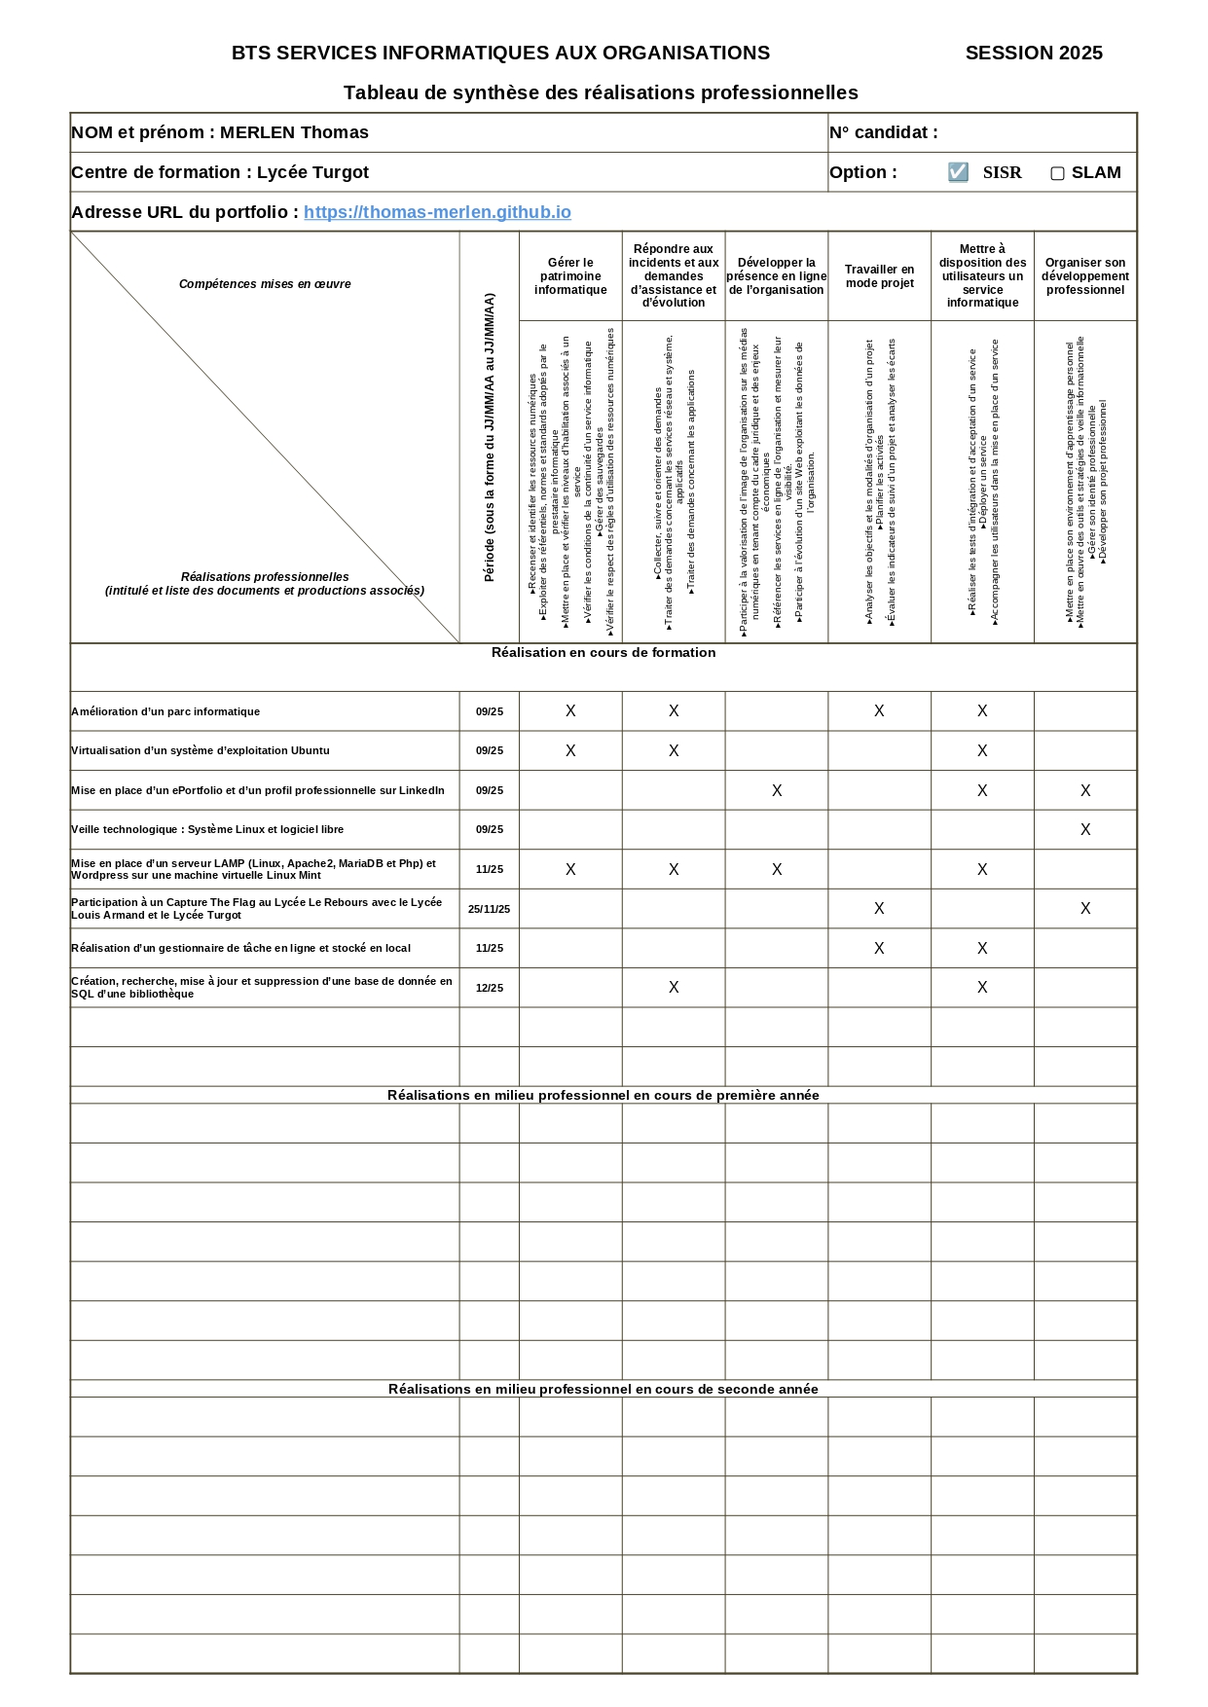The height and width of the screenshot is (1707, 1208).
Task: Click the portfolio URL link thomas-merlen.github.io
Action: point(437,212)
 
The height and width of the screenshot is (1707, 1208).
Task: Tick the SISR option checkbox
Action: point(958,172)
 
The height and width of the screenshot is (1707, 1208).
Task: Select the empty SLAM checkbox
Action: point(1057,173)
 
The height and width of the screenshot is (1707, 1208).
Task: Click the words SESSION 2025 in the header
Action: point(1034,54)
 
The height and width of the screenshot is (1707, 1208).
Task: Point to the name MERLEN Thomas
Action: point(294,132)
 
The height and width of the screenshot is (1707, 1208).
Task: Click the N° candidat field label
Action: point(883,132)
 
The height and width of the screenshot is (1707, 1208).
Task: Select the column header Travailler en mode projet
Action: point(879,276)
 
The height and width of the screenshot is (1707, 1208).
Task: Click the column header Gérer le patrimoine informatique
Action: point(570,276)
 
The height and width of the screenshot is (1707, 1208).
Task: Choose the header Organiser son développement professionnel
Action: point(1084,276)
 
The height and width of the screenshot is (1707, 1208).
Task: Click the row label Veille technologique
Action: point(207,830)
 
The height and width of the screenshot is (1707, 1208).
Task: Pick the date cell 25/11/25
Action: point(489,909)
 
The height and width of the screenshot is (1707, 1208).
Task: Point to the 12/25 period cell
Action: point(489,988)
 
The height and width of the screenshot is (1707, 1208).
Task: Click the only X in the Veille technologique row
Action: point(1084,830)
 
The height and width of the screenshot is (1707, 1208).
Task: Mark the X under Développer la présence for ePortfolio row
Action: point(776,790)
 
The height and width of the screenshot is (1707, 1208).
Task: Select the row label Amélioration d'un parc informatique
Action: point(165,711)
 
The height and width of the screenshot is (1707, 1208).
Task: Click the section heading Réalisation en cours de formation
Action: point(603,652)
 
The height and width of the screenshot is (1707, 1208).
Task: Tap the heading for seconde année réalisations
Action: point(603,1389)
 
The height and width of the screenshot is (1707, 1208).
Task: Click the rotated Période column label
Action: point(489,438)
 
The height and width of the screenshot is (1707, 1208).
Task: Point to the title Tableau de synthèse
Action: point(601,92)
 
